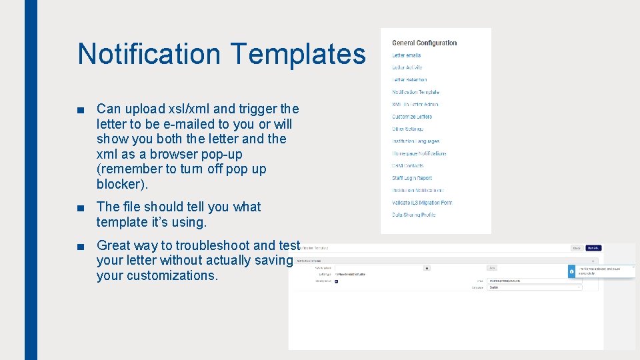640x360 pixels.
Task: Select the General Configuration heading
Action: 424,43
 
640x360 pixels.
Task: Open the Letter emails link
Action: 407,55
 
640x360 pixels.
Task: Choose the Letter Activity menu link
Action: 407,67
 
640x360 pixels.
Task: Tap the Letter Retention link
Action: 409,80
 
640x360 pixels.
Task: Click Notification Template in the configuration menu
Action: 415,92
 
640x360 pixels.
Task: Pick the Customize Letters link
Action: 412,117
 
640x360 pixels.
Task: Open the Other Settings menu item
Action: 407,129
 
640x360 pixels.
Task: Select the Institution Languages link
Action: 415,141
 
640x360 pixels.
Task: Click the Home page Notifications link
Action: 419,153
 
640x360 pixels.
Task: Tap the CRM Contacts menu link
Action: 408,165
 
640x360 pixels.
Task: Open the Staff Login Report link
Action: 412,178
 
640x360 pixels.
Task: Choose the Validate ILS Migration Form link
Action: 422,203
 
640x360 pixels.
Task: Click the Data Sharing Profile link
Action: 414,215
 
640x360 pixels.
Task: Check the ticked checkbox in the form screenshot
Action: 337,281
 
